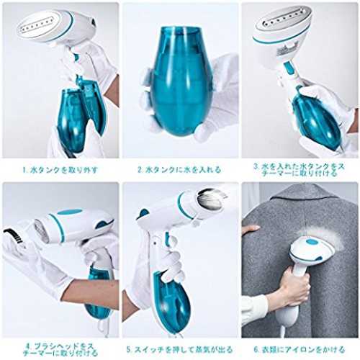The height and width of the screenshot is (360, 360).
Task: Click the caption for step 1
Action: click(60, 170)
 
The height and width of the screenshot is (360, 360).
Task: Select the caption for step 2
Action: click(179, 170)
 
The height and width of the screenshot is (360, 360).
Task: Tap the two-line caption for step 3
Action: click(300, 170)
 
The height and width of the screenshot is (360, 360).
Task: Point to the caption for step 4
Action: click(60, 349)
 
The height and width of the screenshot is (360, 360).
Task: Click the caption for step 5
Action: click(179, 349)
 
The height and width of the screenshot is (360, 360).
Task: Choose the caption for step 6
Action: click(300, 349)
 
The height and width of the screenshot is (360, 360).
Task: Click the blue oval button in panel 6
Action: click(312, 241)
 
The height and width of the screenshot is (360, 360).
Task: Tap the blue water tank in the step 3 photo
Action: click(316, 120)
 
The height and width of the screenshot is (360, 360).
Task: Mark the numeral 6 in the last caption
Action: click(256, 349)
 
